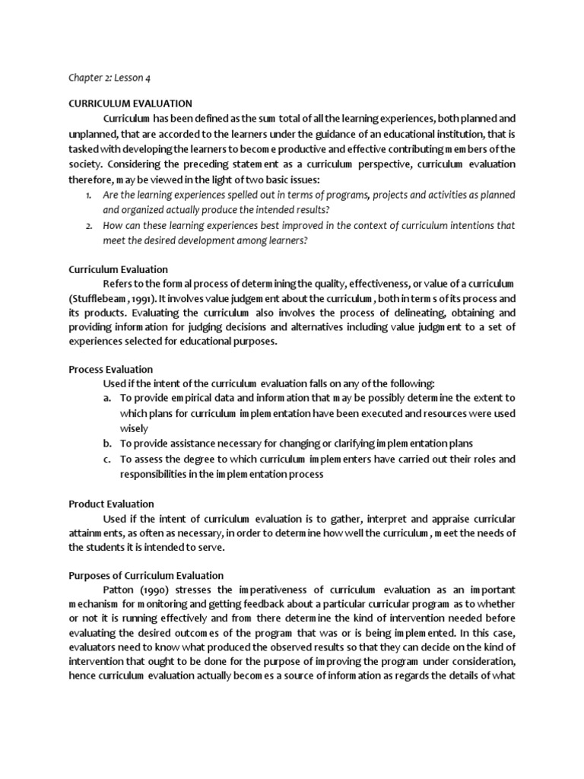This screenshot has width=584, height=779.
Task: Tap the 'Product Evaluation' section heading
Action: pos(111,504)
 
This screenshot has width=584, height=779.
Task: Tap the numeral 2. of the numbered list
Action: pos(88,226)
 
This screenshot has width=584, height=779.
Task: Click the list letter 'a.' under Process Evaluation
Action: pos(107,398)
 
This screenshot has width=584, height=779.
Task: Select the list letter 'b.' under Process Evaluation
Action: pos(107,444)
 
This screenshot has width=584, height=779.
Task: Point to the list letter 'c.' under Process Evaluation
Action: pos(107,459)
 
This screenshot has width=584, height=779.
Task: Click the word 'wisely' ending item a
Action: pos(134,428)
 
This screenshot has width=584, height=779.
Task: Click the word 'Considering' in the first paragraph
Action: pos(132,164)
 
